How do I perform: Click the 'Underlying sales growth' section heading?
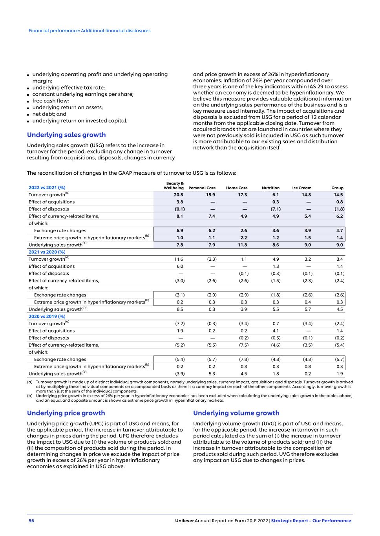click(x=66, y=135)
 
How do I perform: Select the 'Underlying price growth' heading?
click(x=66, y=413)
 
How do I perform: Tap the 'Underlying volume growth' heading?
click(x=236, y=413)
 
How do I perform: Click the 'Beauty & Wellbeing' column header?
click(x=174, y=186)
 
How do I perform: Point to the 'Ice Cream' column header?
click(x=301, y=188)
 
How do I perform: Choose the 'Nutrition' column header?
click(x=270, y=188)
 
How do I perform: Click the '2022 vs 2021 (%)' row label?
click(x=47, y=188)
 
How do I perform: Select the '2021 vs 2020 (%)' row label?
click(x=47, y=252)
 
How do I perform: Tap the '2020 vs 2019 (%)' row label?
click(x=47, y=316)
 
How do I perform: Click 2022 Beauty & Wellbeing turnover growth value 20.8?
click(x=179, y=195)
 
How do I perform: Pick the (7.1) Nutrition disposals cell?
click(x=276, y=209)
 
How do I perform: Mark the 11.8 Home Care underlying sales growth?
click(x=242, y=245)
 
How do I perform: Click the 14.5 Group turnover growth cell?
click(x=338, y=195)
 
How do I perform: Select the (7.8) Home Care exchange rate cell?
click(x=243, y=359)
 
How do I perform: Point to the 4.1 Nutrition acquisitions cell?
click(x=276, y=331)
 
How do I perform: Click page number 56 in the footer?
click(x=31, y=521)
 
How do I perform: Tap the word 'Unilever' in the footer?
click(x=184, y=521)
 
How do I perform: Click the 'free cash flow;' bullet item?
click(x=50, y=101)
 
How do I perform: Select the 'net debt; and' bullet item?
click(x=49, y=114)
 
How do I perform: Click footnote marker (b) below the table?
click(x=30, y=396)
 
